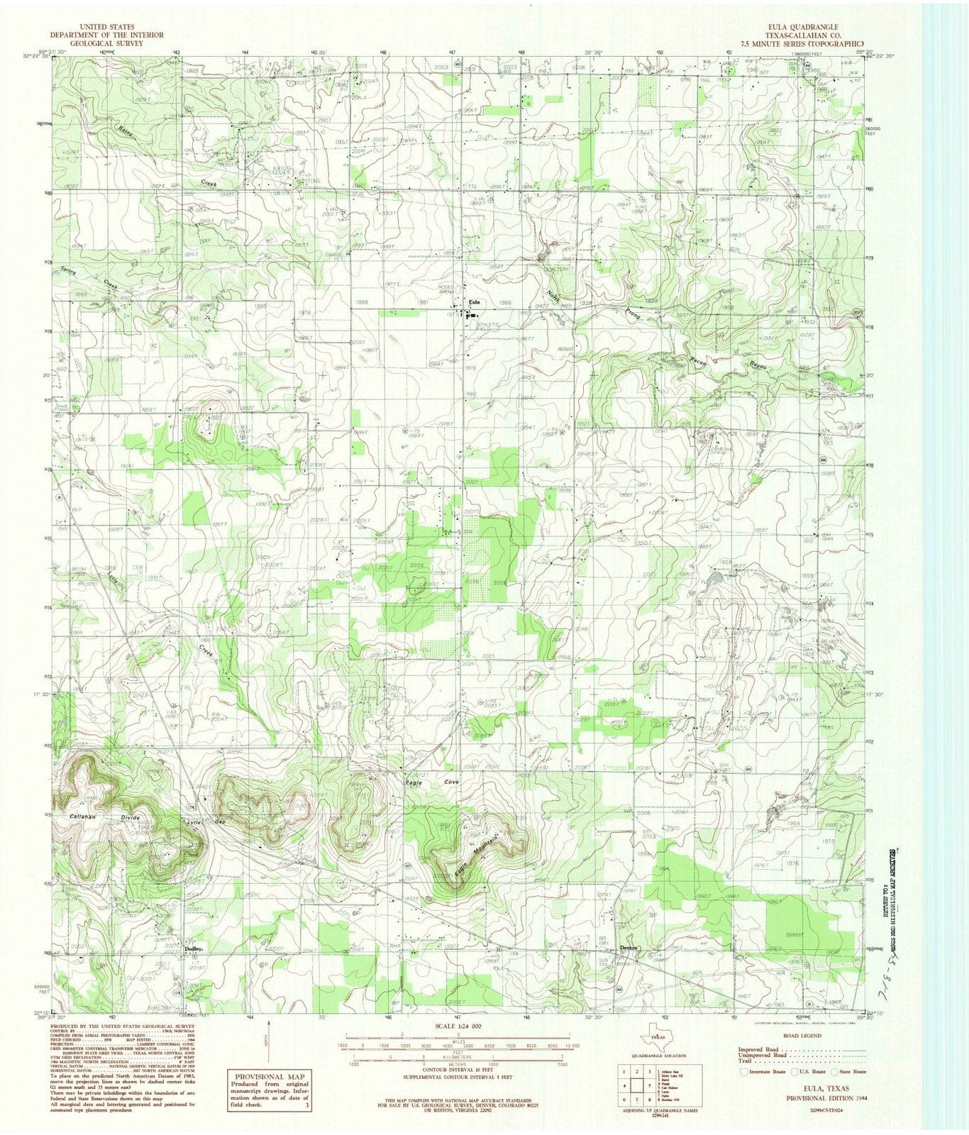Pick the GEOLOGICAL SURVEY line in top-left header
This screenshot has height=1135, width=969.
click(106, 43)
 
